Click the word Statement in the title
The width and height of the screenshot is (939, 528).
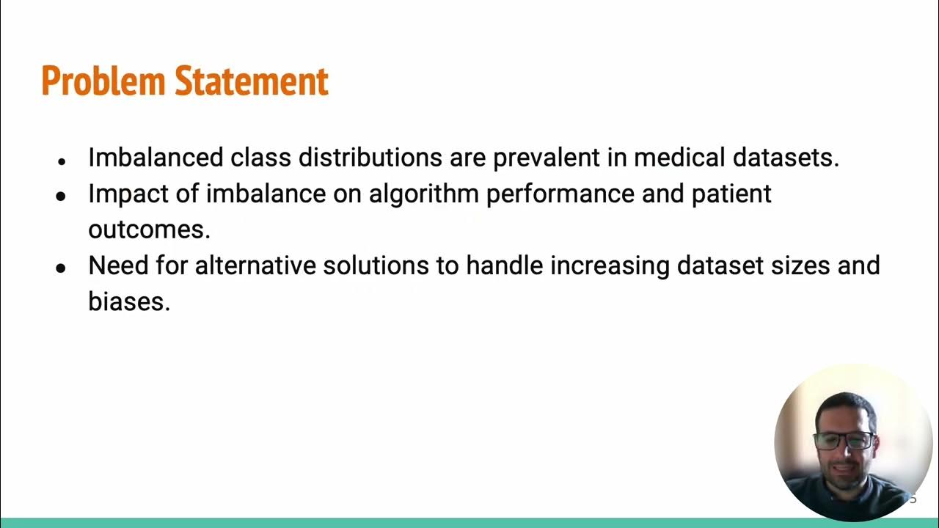point(251,81)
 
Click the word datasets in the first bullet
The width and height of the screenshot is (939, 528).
point(786,158)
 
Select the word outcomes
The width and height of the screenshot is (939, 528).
point(149,230)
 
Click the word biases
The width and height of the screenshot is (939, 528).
point(129,301)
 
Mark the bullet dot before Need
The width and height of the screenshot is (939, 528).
point(62,268)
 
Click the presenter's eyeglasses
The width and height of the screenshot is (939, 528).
point(844,441)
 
